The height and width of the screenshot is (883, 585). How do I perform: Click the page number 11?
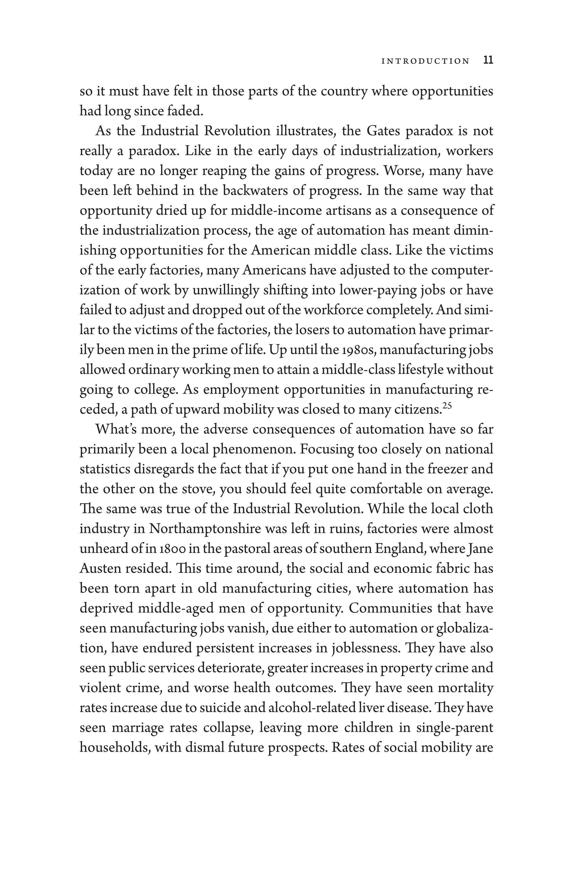pos(488,61)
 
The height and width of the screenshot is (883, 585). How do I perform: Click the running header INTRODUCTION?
pos(425,61)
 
